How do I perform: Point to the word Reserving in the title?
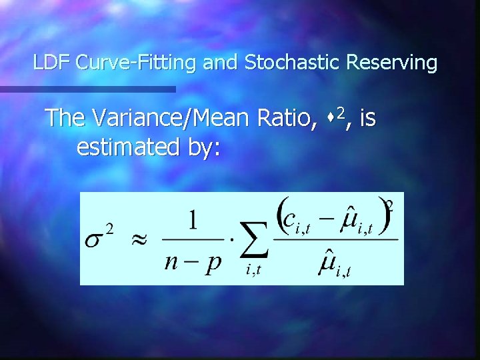[x=392, y=63]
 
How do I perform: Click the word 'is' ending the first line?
[x=367, y=119]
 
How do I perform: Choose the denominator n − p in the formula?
[x=193, y=261]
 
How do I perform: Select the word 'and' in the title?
[x=221, y=63]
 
